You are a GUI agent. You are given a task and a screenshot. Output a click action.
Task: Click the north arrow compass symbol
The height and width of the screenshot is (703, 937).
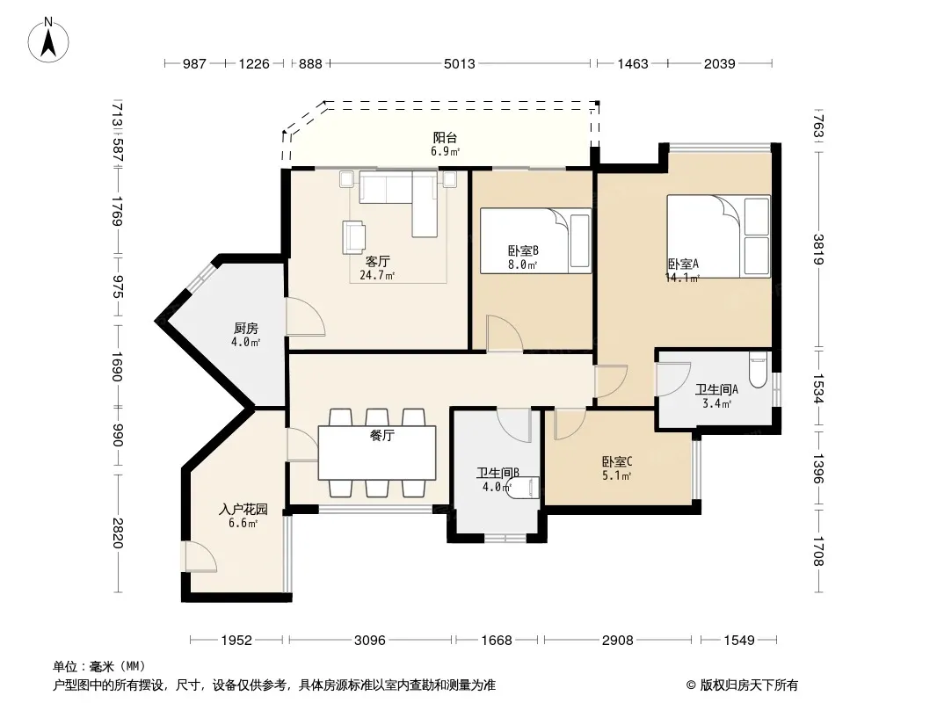48,40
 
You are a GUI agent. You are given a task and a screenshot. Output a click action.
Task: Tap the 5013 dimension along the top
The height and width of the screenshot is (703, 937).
459,63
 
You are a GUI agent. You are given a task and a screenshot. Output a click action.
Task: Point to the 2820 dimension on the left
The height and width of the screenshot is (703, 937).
117,533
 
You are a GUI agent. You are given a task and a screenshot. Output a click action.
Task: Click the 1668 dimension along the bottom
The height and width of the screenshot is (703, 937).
497,641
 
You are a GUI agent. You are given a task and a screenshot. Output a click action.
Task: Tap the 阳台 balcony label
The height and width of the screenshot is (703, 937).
445,137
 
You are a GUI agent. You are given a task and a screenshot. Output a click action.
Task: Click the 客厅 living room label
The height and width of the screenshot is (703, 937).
378,262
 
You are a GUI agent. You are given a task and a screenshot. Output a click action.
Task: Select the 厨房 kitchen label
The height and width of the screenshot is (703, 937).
245,329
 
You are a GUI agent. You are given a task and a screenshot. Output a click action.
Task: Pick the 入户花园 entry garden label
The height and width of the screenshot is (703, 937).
243,510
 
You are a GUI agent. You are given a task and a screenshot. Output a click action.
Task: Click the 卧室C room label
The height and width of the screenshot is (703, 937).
617,461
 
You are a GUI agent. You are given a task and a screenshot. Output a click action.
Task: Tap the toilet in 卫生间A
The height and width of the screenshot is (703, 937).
758,370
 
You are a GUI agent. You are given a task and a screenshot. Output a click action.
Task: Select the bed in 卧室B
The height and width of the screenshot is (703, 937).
535,241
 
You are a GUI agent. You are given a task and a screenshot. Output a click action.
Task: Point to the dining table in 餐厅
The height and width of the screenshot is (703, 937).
377,453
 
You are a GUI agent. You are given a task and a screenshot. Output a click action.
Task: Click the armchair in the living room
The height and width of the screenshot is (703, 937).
353,236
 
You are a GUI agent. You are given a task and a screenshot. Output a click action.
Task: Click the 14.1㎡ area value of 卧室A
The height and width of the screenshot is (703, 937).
682,278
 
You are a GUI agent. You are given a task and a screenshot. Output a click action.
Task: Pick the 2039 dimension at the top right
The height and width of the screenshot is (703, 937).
719,63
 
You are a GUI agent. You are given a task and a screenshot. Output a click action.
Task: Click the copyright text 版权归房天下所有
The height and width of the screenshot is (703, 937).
748,685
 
